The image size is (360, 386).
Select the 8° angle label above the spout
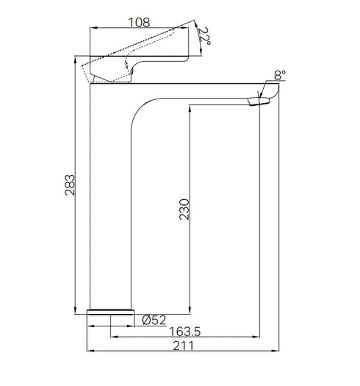coord(278,74)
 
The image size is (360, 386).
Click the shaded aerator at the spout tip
coord(255,102)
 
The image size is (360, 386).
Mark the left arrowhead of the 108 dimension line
coord(92,28)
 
